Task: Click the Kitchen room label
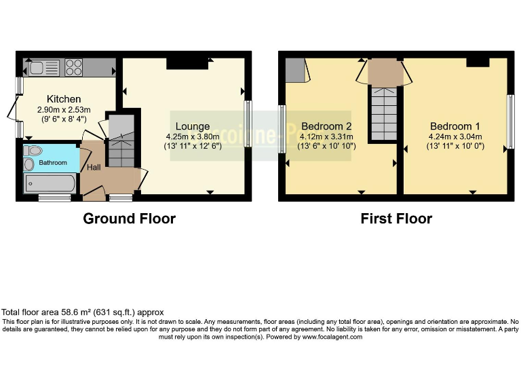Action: point(64,99)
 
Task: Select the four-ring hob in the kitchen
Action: point(73,68)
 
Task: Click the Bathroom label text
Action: point(52,163)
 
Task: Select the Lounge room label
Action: point(193,126)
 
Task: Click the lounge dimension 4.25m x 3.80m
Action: point(193,136)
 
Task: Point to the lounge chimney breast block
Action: point(187,64)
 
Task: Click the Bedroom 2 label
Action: point(326,126)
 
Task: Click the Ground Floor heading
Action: point(129,219)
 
